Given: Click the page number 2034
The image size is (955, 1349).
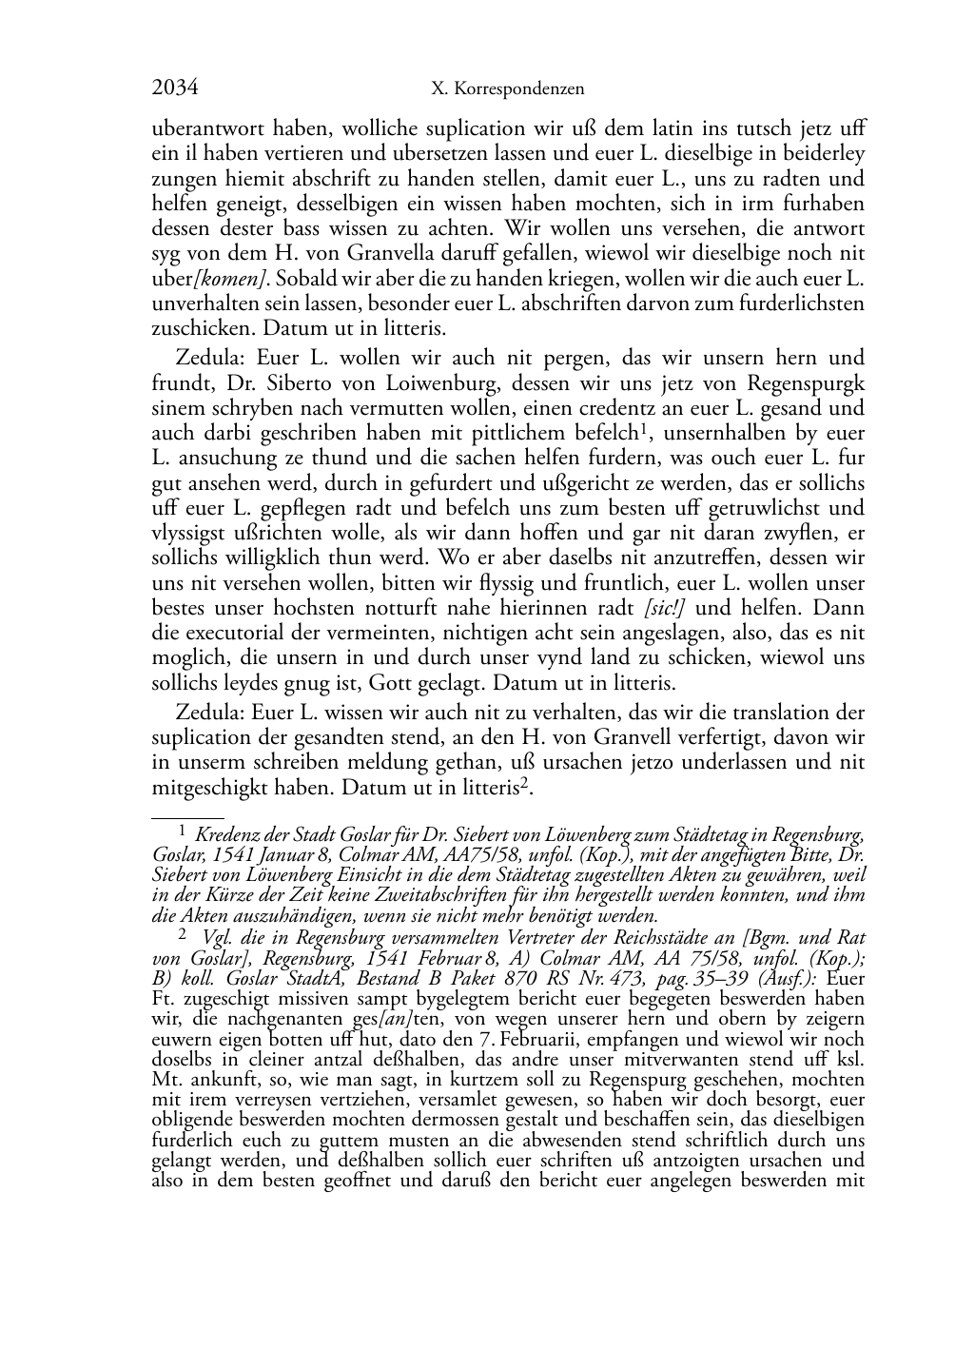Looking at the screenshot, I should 175,88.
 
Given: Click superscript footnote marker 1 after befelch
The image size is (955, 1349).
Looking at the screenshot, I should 644,429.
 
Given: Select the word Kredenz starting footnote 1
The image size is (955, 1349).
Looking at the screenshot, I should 228,836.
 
